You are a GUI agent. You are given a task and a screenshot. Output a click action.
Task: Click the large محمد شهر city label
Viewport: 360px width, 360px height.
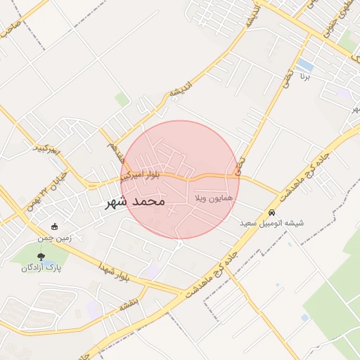coord(134,201)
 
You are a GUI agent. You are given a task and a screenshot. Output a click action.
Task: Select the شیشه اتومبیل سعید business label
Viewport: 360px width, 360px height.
coord(272,223)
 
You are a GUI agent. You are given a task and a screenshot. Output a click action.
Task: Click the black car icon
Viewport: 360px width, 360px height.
coord(271,212)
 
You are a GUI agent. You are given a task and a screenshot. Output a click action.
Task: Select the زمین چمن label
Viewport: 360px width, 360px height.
coord(55,239)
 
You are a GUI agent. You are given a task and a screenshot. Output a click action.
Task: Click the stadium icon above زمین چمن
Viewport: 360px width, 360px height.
coord(55,227)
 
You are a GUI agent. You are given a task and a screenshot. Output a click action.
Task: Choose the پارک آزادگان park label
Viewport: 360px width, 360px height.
coord(41,268)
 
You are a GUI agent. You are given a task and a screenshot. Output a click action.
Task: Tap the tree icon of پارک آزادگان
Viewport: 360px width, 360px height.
coord(41,256)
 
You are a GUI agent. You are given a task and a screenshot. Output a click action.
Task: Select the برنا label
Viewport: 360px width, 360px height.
coord(304,75)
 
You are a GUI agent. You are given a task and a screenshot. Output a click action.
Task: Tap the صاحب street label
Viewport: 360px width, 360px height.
coord(9,30)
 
